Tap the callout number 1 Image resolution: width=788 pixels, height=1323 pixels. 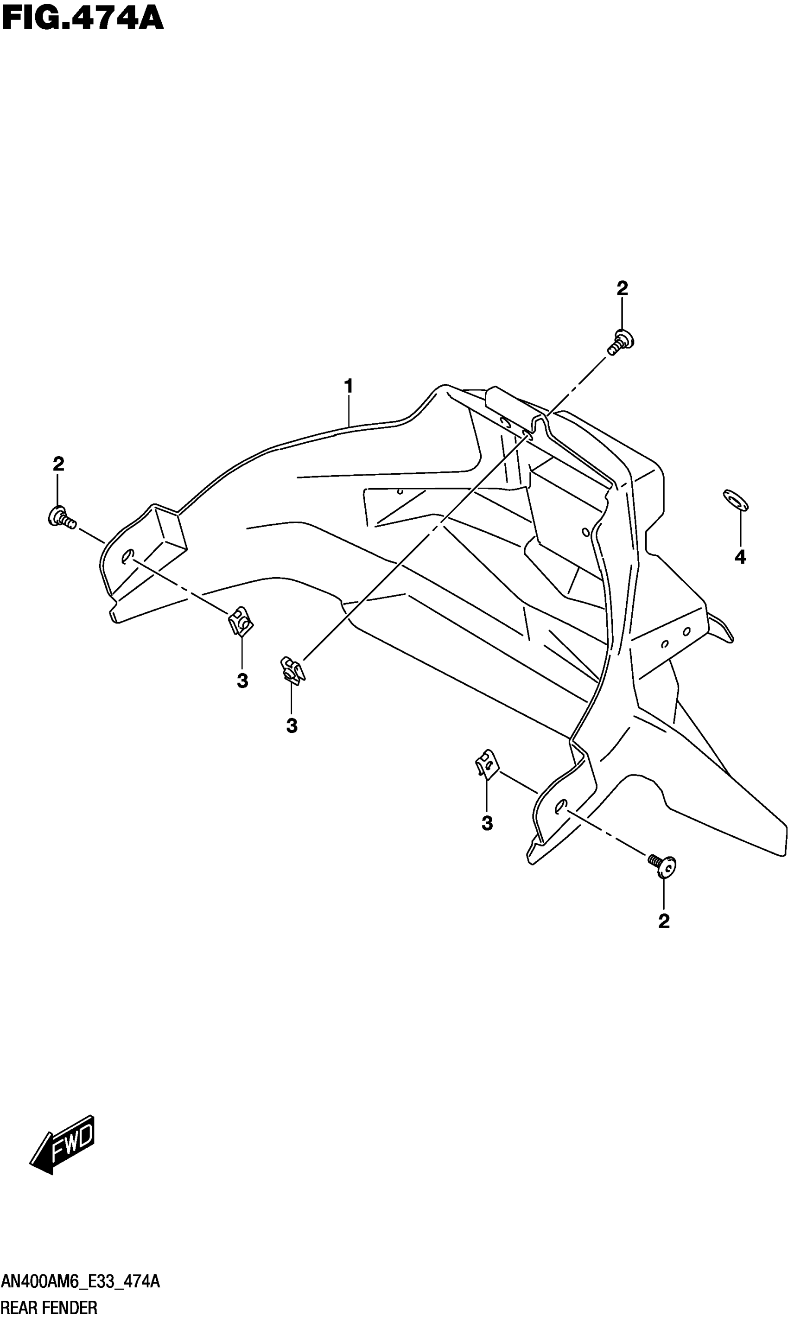pyautogui.click(x=348, y=386)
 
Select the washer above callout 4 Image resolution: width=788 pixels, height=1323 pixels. pyautogui.click(x=736, y=500)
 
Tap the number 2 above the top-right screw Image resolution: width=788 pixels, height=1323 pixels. pyautogui.click(x=622, y=288)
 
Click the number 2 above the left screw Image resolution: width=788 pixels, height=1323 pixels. pyautogui.click(x=58, y=464)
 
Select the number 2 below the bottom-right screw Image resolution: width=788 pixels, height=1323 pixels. pyautogui.click(x=664, y=922)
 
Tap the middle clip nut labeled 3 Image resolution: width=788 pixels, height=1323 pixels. pyautogui.click(x=292, y=670)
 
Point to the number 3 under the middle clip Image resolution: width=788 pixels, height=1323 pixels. pyautogui.click(x=292, y=726)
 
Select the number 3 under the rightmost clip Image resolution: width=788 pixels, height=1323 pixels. pyautogui.click(x=487, y=823)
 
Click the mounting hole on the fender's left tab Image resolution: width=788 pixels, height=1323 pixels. pyautogui.click(x=127, y=557)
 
